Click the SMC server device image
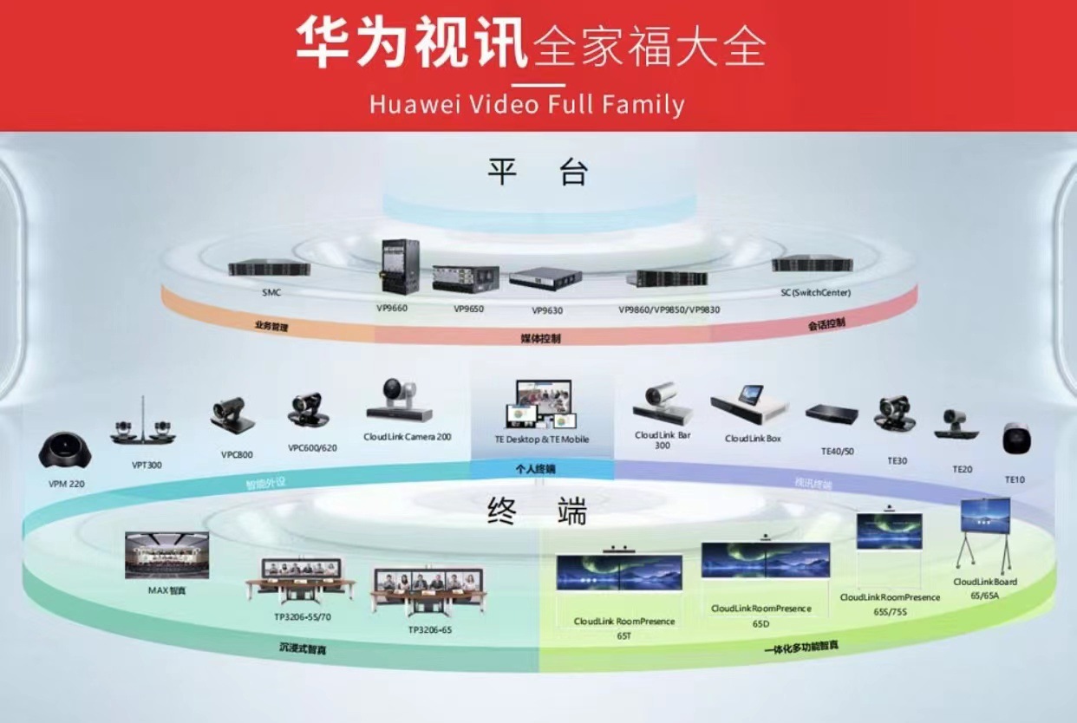click(x=269, y=269)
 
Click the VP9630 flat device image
click(x=545, y=279)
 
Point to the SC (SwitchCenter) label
click(x=815, y=293)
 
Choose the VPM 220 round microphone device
click(x=66, y=452)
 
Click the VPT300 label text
click(x=147, y=465)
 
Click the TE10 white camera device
click(x=1016, y=440)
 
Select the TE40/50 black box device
click(x=832, y=414)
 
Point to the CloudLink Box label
click(x=753, y=439)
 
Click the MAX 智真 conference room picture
click(x=166, y=556)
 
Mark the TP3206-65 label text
click(x=429, y=630)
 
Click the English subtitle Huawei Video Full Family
click(x=526, y=105)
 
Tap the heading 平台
click(x=538, y=173)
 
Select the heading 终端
click(x=537, y=511)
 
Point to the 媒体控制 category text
click(x=539, y=338)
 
